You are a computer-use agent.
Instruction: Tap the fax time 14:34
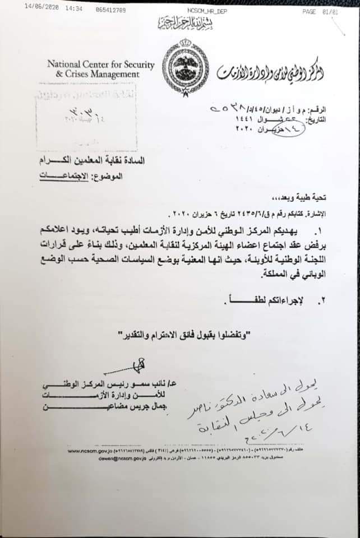click(74, 10)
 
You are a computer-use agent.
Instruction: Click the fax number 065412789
click(110, 10)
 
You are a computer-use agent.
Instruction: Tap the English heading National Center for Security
click(101, 65)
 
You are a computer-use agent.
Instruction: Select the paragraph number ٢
click(321, 301)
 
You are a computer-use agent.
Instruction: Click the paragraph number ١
click(321, 231)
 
